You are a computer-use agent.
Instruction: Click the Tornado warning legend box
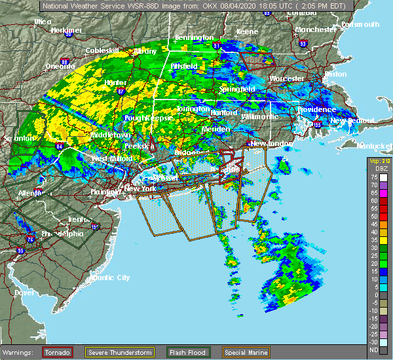click(58, 353)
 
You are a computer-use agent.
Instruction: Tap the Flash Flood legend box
click(188, 353)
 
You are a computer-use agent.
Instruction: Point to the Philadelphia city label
click(64, 234)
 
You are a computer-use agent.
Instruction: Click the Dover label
click(24, 293)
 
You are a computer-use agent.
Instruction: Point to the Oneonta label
click(60, 66)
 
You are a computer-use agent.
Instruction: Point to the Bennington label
click(195, 37)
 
